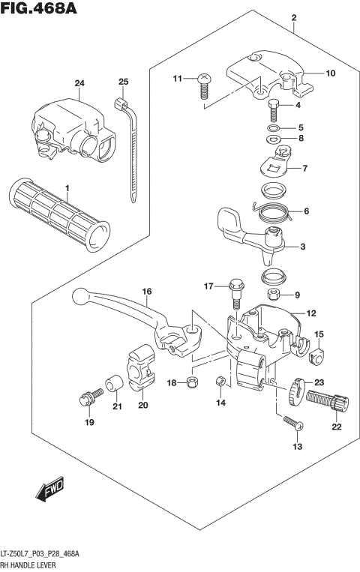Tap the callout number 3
pyautogui.click(x=303, y=247)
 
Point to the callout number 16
pyautogui.click(x=147, y=291)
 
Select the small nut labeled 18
pyautogui.click(x=192, y=383)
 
